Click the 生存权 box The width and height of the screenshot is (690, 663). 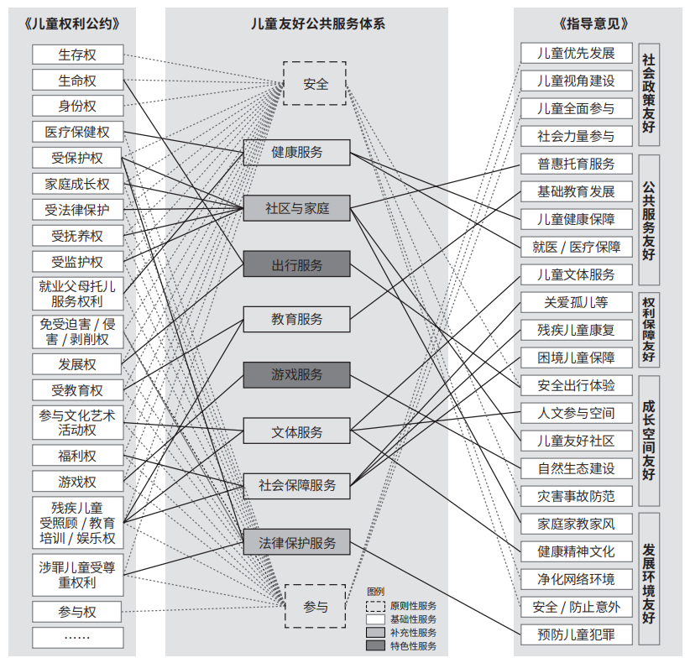78,55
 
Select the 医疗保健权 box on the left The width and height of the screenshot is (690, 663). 78,132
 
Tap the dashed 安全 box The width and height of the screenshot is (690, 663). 315,83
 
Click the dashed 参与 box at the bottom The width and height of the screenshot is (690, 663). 316,606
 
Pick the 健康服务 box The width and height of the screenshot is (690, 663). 296,152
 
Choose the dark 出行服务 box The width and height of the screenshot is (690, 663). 296,264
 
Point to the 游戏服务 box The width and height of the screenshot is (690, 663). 296,375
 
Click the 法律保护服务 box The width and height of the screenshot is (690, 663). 296,542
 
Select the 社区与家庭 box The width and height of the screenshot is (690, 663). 296,208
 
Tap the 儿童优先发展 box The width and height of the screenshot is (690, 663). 577,53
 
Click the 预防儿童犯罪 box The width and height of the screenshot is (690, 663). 577,634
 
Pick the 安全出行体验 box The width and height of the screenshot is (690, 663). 577,385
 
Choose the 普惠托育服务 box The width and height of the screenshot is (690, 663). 577,164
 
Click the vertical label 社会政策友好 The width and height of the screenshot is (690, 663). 649,94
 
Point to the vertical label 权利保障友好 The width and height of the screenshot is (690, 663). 649,330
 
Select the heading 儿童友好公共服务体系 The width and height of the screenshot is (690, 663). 318,23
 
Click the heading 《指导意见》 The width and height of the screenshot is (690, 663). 593,23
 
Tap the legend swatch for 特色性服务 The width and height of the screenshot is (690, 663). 375,645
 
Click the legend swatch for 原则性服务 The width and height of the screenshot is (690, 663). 375,606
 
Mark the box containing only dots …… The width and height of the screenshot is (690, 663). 78,638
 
